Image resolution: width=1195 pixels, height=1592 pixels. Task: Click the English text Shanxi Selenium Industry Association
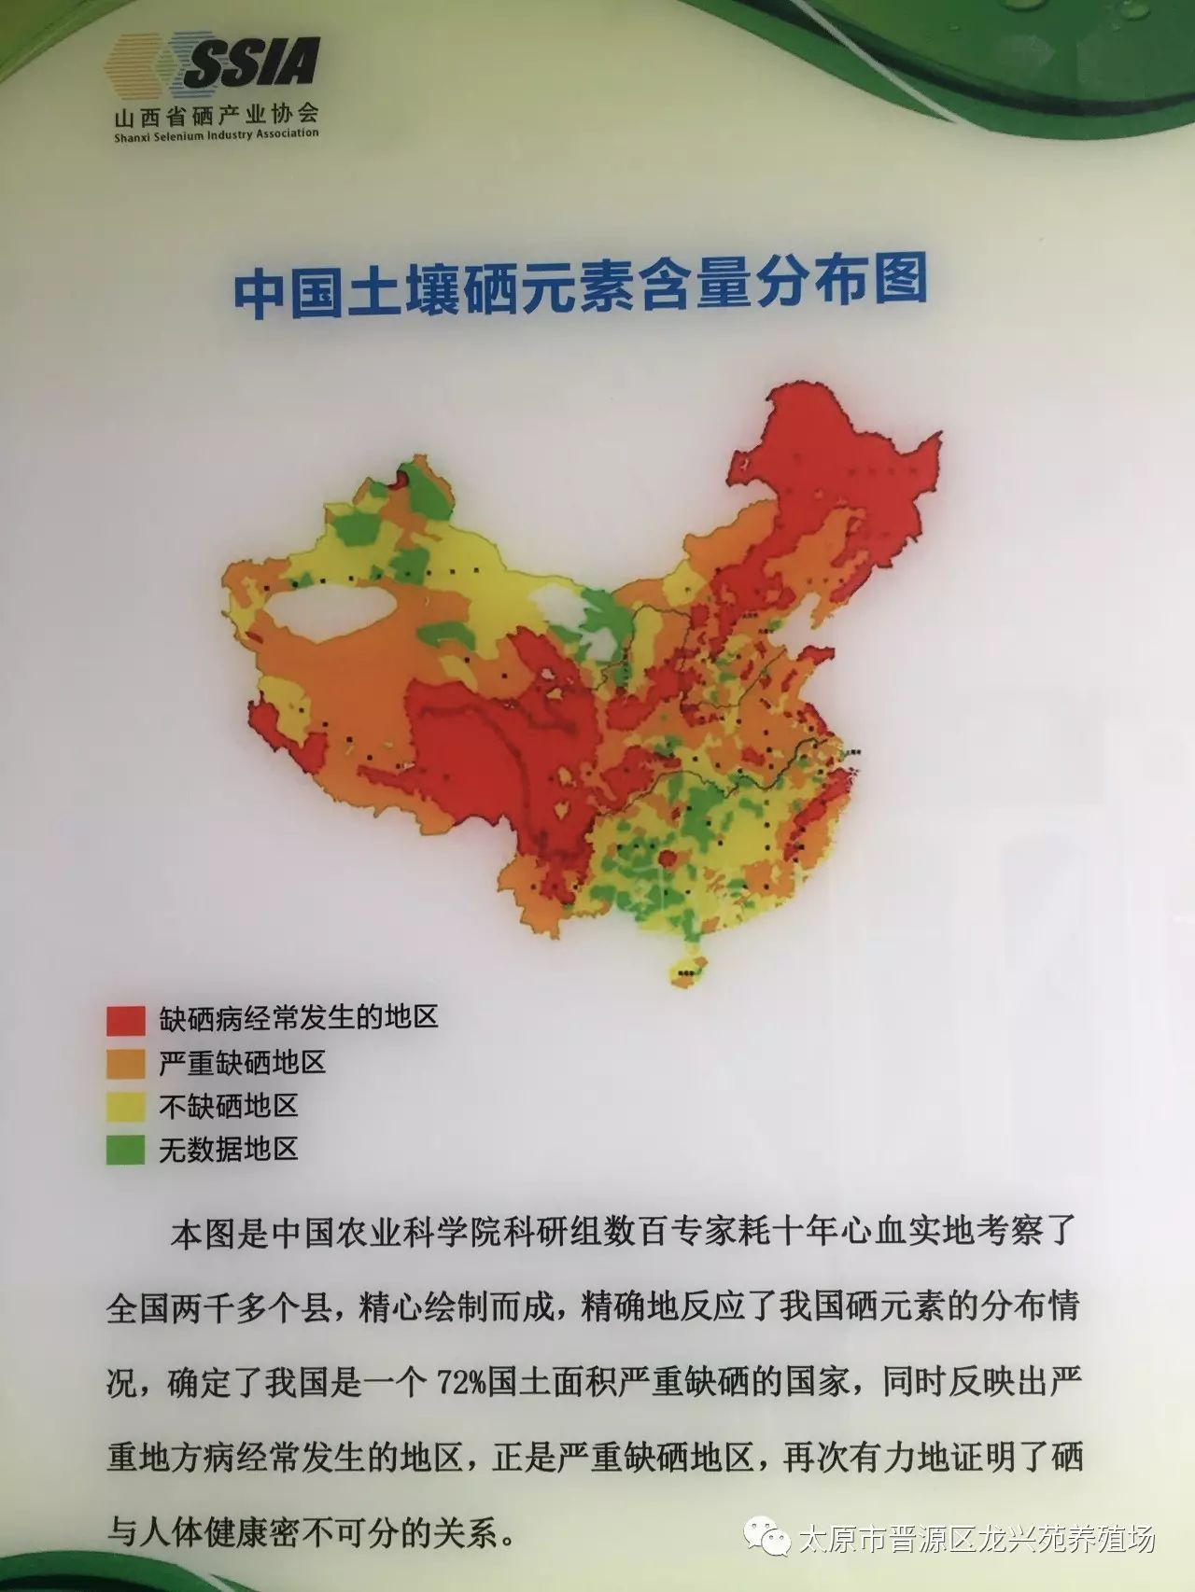coord(216,135)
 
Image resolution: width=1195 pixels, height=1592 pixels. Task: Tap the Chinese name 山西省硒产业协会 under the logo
coord(216,116)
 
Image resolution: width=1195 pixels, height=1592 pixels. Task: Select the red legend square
coord(126,1020)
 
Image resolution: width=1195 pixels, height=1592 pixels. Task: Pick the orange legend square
coord(126,1064)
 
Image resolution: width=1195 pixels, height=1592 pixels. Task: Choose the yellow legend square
coord(126,1107)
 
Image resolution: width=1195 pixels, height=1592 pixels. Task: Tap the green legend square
coord(126,1150)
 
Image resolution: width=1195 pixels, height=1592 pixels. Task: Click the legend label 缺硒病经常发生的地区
coord(298,1018)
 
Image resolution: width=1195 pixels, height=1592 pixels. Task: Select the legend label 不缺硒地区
coord(228,1107)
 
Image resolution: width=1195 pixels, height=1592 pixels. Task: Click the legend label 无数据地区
coord(228,1150)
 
